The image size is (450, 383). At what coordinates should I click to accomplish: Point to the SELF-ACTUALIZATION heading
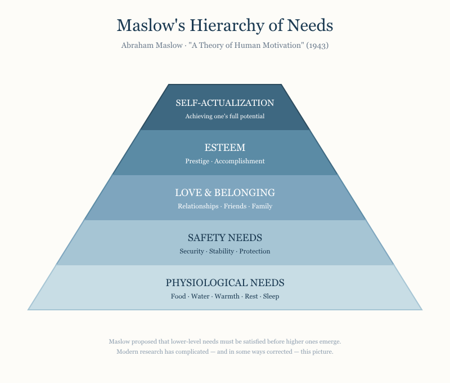pos(225,103)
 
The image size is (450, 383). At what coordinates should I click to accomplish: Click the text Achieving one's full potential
pos(225,116)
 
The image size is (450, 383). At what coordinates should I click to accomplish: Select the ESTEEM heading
pos(225,148)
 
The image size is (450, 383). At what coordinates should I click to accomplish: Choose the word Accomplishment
pos(240,161)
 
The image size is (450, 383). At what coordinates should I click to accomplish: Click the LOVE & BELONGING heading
pos(225,193)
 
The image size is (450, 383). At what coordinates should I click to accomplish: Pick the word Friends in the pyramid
pos(235,206)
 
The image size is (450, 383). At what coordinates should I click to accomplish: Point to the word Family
pos(262,206)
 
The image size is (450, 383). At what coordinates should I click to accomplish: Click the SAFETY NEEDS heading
pos(225,238)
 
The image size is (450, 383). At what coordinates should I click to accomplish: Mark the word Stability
pos(222,251)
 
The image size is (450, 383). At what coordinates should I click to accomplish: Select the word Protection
pos(255,251)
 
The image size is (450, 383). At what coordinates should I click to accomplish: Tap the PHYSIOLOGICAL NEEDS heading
pos(225,283)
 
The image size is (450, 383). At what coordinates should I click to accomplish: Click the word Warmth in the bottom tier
pos(227,296)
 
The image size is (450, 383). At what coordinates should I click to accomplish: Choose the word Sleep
pos(271,296)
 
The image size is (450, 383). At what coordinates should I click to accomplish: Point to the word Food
pos(178,296)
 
